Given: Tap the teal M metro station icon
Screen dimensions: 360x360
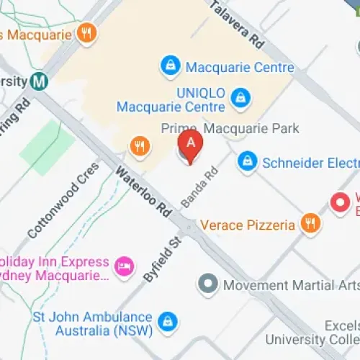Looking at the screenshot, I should (x=40, y=81).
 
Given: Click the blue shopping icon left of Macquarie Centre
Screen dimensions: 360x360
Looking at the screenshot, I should (x=169, y=67).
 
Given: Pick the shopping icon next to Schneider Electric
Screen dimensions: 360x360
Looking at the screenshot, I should (x=247, y=162).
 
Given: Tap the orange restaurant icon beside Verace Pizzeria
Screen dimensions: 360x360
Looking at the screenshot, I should (x=310, y=224).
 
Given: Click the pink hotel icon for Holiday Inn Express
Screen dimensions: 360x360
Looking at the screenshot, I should (x=126, y=267).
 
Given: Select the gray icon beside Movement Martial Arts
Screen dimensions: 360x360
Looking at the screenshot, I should (x=208, y=284).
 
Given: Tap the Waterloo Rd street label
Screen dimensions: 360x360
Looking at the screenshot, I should (x=145, y=192).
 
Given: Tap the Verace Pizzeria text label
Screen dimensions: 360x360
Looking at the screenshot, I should (x=248, y=225).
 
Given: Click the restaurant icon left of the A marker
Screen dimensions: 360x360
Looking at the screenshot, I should (x=139, y=147).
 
